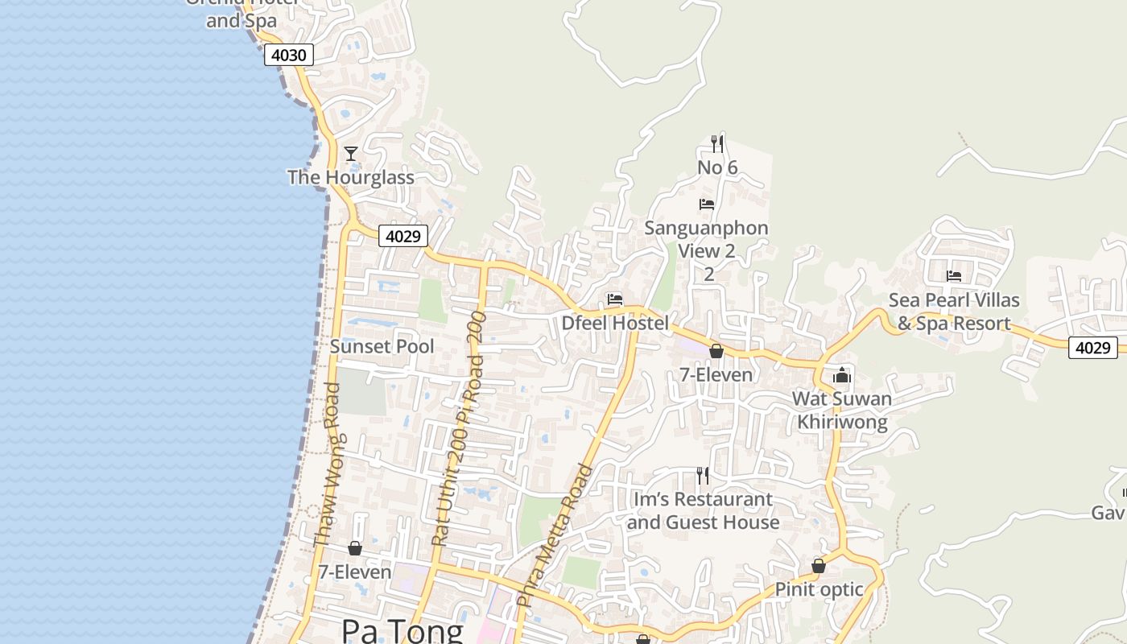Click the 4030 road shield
click(x=288, y=55)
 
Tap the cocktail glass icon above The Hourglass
click(x=351, y=153)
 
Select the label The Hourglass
click(x=351, y=177)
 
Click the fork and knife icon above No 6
click(x=716, y=144)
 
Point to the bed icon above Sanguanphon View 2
click(x=707, y=204)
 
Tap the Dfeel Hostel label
click(x=615, y=323)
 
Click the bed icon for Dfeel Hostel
click(x=615, y=299)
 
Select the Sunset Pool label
click(x=382, y=346)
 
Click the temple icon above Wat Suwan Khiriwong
click(x=842, y=375)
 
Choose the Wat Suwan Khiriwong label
click(x=842, y=410)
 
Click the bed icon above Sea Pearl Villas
click(x=954, y=276)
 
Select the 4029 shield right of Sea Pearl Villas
click(x=1093, y=348)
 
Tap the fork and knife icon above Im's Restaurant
click(x=703, y=476)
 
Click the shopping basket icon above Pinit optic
click(x=819, y=566)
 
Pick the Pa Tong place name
click(x=402, y=630)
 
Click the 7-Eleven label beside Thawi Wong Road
click(x=355, y=572)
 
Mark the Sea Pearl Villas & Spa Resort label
click(x=954, y=312)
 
